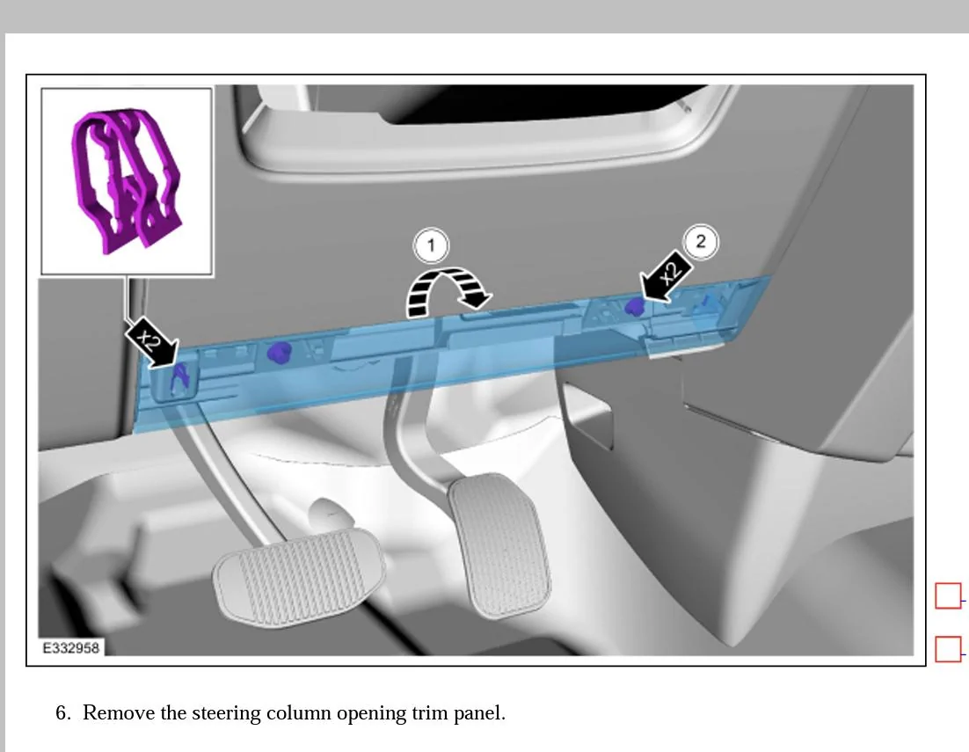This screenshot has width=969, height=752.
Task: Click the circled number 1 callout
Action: [431, 245]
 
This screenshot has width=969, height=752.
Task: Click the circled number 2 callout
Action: [700, 240]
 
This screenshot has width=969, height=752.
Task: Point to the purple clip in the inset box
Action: [126, 180]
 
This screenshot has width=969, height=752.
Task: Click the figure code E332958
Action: [70, 647]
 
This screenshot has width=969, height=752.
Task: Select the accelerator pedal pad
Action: [499, 545]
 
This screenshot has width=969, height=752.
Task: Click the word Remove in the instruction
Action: [119, 713]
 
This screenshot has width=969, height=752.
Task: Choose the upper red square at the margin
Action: [948, 595]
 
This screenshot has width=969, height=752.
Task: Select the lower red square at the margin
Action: [948, 649]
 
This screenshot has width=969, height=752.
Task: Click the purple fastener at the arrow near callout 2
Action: [634, 306]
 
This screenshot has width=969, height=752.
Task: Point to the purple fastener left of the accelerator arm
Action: [280, 352]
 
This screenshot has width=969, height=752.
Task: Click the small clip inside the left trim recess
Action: [180, 377]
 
